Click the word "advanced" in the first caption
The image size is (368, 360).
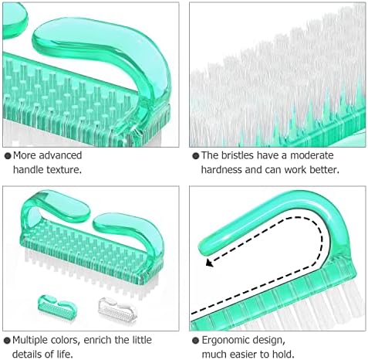point(60,155)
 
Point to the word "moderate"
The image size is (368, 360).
point(312,155)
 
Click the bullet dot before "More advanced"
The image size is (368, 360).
point(8,155)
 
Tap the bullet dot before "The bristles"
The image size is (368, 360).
point(196,155)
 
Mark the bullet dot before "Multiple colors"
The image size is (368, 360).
point(8,341)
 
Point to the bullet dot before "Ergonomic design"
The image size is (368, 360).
point(196,341)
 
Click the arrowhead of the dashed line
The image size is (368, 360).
point(209,263)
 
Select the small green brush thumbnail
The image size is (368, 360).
point(57,306)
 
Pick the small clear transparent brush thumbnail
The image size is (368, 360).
point(117,308)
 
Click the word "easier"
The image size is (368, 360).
point(248,355)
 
